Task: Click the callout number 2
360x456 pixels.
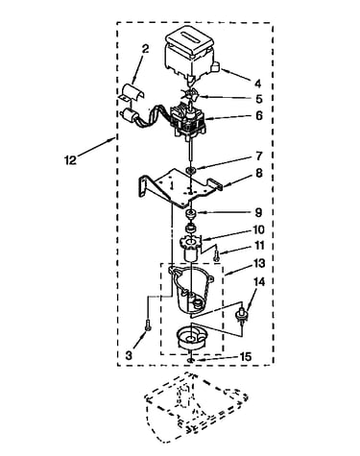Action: [x=145, y=49]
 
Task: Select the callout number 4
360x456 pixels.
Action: [x=258, y=84]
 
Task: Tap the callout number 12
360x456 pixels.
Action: [x=70, y=159]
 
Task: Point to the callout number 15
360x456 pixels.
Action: [x=246, y=356]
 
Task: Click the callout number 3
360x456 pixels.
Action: [x=129, y=355]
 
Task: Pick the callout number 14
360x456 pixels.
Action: [x=259, y=282]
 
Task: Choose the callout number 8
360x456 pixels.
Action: [x=258, y=173]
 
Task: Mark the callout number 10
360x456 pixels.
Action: [x=258, y=229]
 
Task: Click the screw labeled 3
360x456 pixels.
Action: [x=148, y=325]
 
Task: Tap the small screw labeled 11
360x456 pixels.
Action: [x=217, y=254]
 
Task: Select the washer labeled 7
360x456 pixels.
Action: [x=191, y=170]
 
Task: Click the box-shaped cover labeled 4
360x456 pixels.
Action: [x=190, y=53]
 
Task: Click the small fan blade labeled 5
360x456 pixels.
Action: [x=192, y=94]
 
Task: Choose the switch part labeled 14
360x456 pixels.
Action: [x=242, y=314]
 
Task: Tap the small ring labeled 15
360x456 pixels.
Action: [x=191, y=361]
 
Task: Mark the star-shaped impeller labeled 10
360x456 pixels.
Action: [x=191, y=242]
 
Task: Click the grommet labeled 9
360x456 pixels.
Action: [x=191, y=214]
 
